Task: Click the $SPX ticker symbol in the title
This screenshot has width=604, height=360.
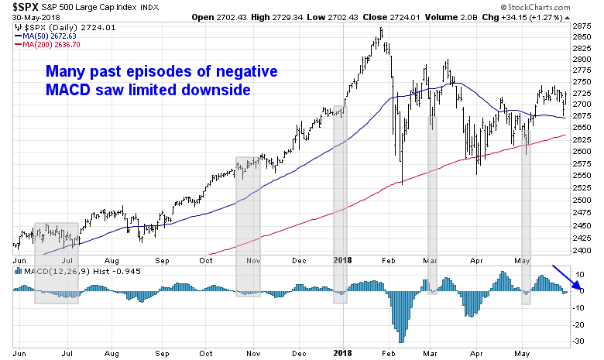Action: click(x=17, y=8)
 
